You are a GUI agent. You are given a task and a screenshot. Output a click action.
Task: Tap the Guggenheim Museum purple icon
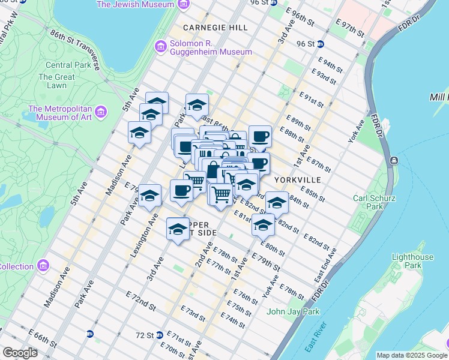point(160,46)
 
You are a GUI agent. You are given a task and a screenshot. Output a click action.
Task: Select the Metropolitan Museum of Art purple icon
point(100,112)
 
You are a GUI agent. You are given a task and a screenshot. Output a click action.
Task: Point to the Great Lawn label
point(56,81)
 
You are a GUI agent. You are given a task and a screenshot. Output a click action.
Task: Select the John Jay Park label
point(294,311)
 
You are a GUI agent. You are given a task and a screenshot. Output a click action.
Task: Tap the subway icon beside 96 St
point(321,44)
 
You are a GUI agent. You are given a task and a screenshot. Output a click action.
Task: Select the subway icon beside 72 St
point(160,335)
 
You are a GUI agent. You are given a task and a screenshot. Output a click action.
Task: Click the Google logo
point(20,353)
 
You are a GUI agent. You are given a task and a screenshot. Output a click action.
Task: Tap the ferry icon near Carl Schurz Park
point(394,161)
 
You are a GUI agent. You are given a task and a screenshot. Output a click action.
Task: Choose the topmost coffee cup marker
point(259,137)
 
